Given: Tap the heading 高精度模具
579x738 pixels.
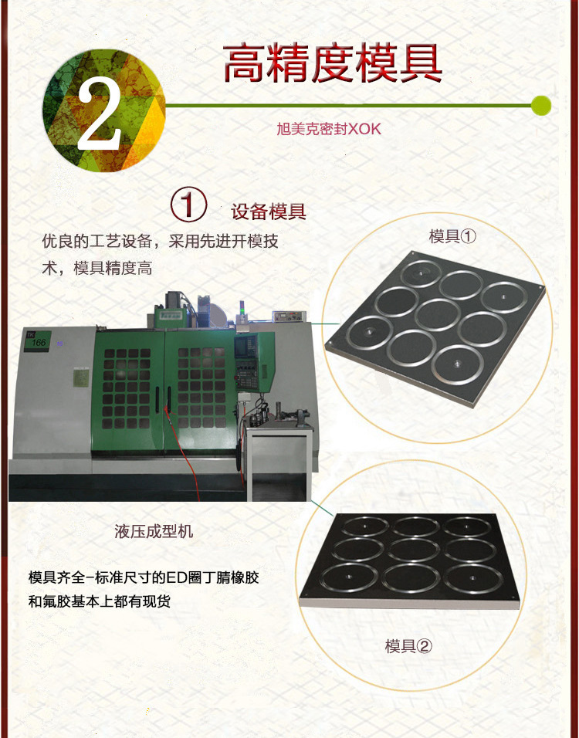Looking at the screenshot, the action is click(333, 63).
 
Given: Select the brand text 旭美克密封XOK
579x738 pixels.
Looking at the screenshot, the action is click(329, 129).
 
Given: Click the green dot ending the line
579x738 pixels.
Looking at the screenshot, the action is click(541, 106).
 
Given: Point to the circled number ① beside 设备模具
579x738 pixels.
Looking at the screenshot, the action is click(189, 205).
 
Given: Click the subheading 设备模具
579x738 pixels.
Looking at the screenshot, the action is click(269, 212).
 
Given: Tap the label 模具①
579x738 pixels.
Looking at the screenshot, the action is click(452, 235).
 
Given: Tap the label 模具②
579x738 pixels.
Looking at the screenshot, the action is click(408, 645).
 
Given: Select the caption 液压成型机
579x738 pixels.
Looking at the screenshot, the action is click(154, 531).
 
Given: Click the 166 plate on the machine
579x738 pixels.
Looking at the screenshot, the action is click(38, 341).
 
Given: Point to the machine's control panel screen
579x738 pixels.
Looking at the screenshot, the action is click(246, 346).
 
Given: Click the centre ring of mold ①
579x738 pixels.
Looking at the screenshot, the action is click(437, 314).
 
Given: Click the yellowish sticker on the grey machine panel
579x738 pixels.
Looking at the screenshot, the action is click(81, 378).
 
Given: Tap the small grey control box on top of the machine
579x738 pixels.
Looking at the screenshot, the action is click(289, 317).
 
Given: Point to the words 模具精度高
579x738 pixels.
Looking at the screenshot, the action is click(113, 269).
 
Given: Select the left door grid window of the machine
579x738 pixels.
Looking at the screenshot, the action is click(127, 388).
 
